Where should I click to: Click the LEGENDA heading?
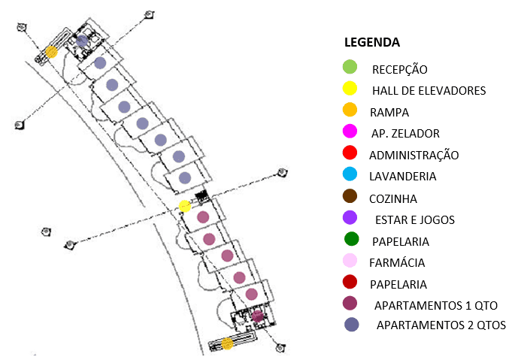pos(372,42)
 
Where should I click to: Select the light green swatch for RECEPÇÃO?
pos(350,67)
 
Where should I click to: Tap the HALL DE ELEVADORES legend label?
pos(429,91)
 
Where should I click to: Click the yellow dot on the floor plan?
pos(185,206)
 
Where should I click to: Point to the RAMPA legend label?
pos(389,113)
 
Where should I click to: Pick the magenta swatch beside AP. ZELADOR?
pos(350,132)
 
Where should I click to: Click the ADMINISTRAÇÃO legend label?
pos(414,155)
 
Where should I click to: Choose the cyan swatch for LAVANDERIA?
pos(350,174)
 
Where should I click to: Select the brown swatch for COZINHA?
pos(350,196)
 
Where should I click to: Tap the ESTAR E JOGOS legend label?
pos(415,220)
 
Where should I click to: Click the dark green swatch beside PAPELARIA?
pos(351,239)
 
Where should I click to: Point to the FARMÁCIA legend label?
pos(397,263)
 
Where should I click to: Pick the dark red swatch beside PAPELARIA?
pos(350,282)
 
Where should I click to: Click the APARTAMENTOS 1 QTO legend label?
pos(435,306)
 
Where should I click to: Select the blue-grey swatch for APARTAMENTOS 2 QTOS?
pos(351,325)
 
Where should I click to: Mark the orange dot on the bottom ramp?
pos(227,343)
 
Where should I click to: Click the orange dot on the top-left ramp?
pos(51,52)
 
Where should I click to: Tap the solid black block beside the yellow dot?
pos(201,196)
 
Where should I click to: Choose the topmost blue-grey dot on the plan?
pos(82,41)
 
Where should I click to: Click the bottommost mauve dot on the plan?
pos(258,316)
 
